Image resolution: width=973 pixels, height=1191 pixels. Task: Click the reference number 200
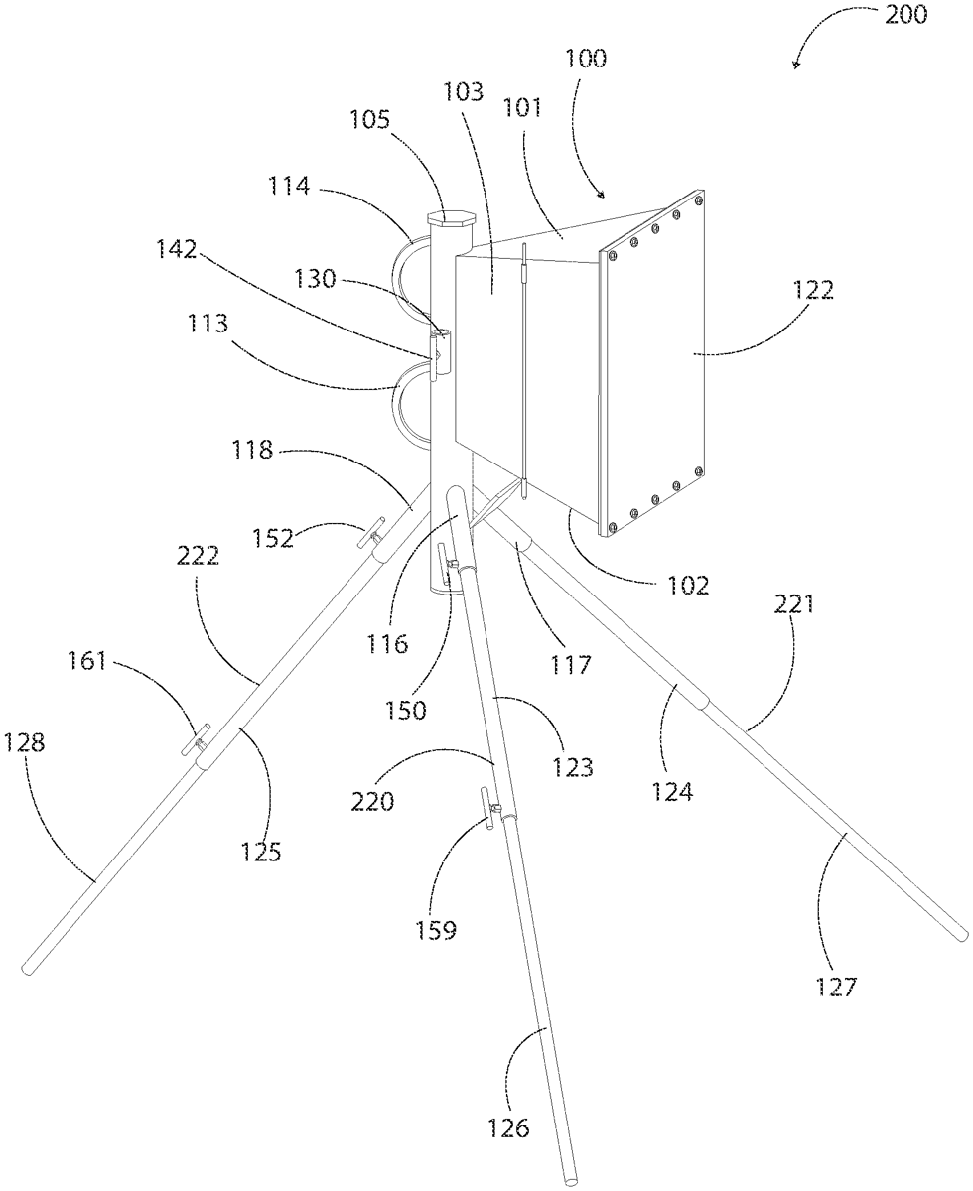click(905, 15)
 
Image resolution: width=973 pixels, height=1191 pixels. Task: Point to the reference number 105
click(369, 120)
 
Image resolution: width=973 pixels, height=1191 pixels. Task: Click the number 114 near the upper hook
click(289, 186)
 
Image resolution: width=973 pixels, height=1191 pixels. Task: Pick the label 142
click(177, 249)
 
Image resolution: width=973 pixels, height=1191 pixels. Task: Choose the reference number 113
click(208, 324)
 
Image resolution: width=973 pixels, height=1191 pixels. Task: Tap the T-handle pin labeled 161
click(196, 739)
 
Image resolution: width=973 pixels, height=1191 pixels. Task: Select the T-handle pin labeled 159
click(491, 809)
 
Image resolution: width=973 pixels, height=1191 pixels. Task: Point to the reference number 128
click(24, 742)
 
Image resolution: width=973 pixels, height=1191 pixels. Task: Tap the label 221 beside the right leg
click(794, 604)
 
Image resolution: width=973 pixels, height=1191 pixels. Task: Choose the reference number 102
click(688, 586)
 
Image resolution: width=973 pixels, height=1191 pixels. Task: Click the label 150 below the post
click(405, 710)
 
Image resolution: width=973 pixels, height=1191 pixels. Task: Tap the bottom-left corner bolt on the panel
click(611, 527)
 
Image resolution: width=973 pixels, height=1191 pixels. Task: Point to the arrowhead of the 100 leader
click(602, 196)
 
